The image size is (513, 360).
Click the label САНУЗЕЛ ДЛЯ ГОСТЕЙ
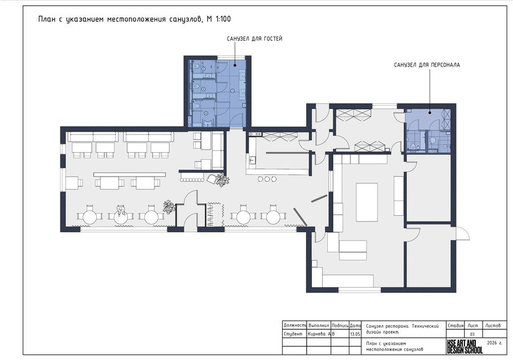tap(255, 39)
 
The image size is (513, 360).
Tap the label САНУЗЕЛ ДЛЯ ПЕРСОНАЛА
tap(427, 65)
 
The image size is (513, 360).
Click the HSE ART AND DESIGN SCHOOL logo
tap(465, 346)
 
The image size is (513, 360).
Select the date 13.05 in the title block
tap(355, 334)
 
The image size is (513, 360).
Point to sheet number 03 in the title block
tap(472, 334)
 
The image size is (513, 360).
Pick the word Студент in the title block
tap(293, 334)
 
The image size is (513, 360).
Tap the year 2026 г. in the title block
tap(494, 343)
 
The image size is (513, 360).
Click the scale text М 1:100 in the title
tap(218, 19)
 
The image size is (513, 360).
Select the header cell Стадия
tap(455, 326)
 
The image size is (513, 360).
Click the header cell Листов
tap(492, 326)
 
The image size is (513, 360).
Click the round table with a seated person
tap(121, 216)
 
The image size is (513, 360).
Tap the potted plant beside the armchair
tap(222, 180)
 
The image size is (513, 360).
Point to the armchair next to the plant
tap(211, 179)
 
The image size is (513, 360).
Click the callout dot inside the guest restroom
tap(235, 66)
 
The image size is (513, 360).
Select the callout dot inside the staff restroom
tap(430, 113)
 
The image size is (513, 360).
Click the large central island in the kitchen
tap(367, 202)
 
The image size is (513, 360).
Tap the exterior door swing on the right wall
tap(463, 233)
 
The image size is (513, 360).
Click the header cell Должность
tap(295, 326)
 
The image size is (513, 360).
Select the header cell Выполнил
tap(319, 326)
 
